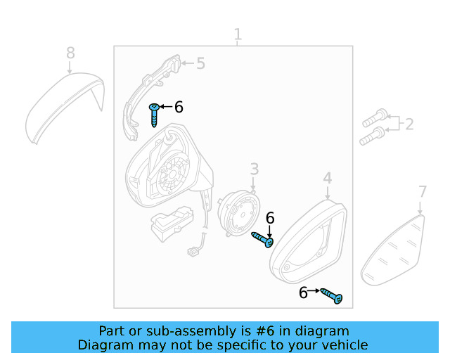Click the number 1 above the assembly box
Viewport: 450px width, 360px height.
(x=238, y=34)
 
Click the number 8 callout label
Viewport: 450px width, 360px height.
(x=70, y=53)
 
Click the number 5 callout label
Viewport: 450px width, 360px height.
(x=200, y=64)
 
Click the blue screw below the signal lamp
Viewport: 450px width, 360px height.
(x=155, y=113)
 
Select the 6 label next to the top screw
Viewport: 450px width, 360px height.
(x=179, y=107)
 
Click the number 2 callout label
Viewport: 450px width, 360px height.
(x=409, y=124)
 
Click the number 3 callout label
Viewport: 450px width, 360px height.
(x=254, y=169)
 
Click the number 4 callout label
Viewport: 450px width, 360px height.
(x=328, y=179)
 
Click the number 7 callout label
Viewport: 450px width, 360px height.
(x=422, y=191)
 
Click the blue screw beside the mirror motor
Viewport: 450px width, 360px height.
(x=263, y=240)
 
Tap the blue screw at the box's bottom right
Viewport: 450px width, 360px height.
(x=332, y=296)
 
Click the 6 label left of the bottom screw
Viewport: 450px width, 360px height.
(x=303, y=292)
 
